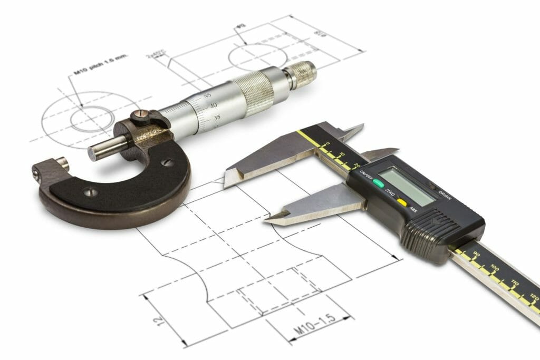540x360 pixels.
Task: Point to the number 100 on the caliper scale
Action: click(494, 269)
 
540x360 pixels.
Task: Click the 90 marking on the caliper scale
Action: click(476, 255)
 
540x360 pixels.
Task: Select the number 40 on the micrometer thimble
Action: click(213, 106)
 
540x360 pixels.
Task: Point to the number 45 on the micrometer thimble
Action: click(208, 95)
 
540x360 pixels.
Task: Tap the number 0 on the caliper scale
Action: click(328, 143)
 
